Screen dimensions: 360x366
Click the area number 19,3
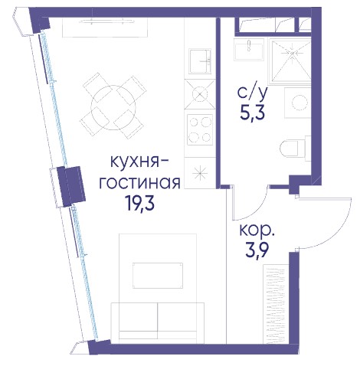(x=139, y=203)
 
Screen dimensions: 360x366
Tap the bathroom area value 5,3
(x=253, y=113)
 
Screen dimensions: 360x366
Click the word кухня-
(x=139, y=162)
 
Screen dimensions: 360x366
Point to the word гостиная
(x=139, y=182)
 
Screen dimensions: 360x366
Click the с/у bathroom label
(x=253, y=93)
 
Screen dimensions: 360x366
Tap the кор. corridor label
(x=257, y=230)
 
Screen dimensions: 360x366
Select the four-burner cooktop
(x=200, y=129)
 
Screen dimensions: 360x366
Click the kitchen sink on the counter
(x=200, y=61)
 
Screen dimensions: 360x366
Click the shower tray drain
(x=293, y=53)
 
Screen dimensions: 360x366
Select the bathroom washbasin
(x=249, y=50)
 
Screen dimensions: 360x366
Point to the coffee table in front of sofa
(x=158, y=276)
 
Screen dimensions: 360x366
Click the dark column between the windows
(x=70, y=186)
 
